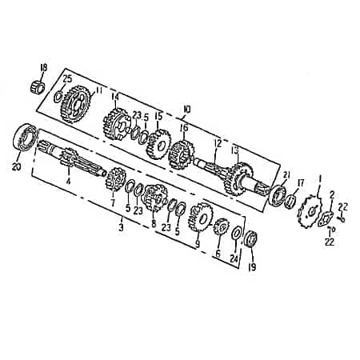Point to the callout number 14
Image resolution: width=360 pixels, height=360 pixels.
coord(115,98)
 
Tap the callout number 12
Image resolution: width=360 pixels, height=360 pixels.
coord(215,143)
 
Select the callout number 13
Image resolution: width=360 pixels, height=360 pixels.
coord(234,150)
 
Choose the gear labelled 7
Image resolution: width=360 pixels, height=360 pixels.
coord(117,179)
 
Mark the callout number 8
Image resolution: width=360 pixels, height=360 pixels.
coord(154,225)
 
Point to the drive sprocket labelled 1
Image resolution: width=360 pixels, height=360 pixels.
coord(307,214)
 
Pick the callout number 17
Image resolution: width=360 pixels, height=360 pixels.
coord(301,183)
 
